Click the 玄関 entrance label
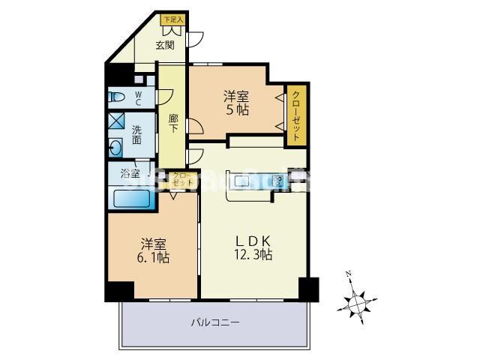165,45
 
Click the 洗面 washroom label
137,134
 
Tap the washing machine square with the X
116,121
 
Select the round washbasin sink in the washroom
116,146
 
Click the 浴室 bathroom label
130,174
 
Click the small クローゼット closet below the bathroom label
183,179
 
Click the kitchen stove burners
278,181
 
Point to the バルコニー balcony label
214,323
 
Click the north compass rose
358,302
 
